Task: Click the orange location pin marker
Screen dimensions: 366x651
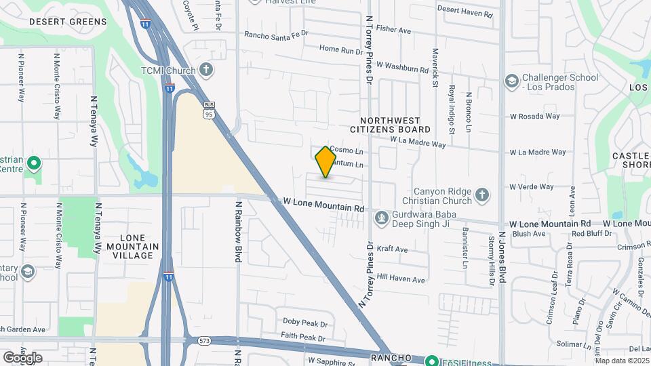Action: coord(326,161)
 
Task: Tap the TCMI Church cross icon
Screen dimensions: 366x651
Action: coord(206,70)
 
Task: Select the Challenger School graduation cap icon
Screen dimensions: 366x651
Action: coord(511,82)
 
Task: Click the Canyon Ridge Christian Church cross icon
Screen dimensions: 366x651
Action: coord(481,195)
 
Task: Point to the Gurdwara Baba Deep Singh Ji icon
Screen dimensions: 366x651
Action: coord(381,217)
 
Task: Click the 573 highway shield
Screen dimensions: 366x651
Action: coord(204,341)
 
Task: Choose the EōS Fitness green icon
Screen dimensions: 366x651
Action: coord(430,361)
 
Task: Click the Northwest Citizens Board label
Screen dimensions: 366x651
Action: coord(390,124)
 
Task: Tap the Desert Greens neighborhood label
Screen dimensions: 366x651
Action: coord(68,22)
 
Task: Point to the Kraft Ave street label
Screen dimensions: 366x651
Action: coord(392,249)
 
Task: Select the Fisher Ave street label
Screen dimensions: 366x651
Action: coord(394,30)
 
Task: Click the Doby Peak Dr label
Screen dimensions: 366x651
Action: coord(305,323)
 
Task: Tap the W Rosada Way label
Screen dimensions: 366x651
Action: coord(534,116)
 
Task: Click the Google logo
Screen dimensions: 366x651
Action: coord(22,358)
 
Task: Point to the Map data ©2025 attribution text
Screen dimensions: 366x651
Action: coord(623,361)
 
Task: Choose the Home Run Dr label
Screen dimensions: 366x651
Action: coord(342,49)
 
